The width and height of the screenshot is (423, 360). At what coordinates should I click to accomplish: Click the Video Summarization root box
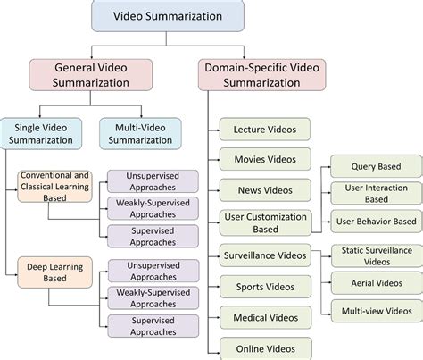(157, 15)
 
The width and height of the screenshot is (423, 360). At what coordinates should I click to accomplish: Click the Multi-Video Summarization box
(139, 133)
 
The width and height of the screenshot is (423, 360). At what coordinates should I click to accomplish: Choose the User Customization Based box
(265, 223)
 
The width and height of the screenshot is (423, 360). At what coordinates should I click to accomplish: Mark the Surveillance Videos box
(265, 256)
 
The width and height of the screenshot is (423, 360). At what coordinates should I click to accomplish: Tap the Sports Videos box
(265, 287)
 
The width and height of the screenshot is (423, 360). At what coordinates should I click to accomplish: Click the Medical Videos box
(265, 317)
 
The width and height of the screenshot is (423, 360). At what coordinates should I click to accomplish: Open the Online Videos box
(265, 348)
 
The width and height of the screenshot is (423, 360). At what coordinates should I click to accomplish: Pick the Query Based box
(376, 165)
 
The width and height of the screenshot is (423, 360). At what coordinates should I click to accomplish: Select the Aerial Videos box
(376, 281)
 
